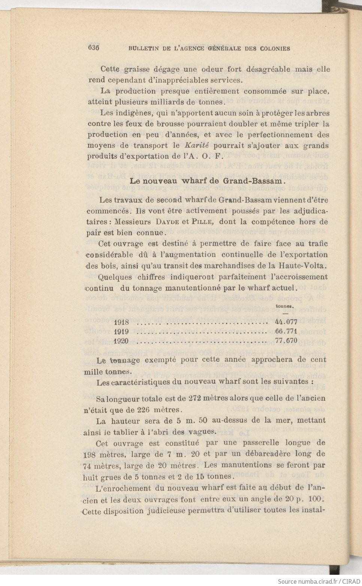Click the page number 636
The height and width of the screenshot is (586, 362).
93,48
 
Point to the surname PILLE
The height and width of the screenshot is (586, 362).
202,222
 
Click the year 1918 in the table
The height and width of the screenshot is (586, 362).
121,322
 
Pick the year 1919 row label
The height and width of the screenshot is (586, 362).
121,332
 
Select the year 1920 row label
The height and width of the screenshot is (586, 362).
121,341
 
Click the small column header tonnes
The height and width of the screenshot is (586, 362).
284,306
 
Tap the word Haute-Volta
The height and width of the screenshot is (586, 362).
303,266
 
